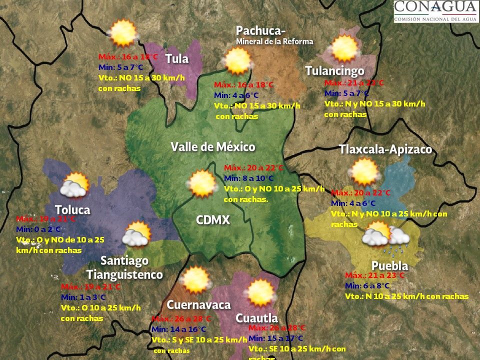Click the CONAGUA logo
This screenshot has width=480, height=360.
[435, 11]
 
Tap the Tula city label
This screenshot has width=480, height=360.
[177, 58]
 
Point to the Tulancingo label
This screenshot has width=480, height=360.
[334, 71]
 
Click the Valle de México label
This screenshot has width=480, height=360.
[213, 147]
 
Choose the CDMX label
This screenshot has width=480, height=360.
[213, 220]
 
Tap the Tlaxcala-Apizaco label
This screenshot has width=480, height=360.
[385, 149]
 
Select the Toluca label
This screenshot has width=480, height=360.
[72, 209]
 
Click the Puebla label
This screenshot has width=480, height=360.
[389, 265]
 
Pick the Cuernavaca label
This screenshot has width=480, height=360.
[198, 305]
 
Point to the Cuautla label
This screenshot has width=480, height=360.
[256, 318]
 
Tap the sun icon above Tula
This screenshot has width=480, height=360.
[123, 33]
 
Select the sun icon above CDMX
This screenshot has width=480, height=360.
[202, 183]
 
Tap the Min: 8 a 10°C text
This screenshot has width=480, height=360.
[248, 178]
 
